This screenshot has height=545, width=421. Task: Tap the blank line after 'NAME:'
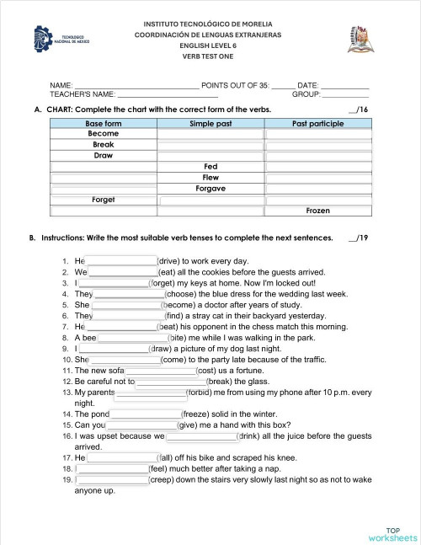click(136, 86)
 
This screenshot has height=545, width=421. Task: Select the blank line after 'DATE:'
click(344, 86)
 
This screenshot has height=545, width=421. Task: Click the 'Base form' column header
click(103, 123)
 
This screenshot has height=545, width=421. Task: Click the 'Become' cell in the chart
click(103, 134)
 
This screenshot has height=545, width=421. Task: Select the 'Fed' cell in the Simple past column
click(210, 167)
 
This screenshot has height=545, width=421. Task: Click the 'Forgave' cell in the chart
click(210, 189)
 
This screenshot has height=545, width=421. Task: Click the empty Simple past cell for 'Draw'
click(210, 156)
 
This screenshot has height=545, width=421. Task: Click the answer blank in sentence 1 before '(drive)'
click(121, 261)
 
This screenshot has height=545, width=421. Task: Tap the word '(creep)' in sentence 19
click(165, 479)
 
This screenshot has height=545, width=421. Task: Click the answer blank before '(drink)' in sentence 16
click(200, 436)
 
